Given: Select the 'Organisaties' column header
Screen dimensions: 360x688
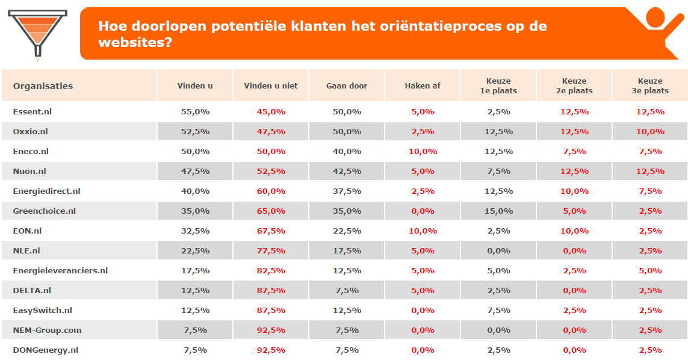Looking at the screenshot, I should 43,86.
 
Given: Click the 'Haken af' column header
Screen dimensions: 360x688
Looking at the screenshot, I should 423,86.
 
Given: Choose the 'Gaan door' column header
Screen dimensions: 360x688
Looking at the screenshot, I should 347,86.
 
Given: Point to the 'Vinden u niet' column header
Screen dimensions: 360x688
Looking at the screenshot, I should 271,86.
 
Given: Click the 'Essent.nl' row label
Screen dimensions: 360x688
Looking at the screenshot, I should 33,112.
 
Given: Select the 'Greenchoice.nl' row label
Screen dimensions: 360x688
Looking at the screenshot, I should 44,211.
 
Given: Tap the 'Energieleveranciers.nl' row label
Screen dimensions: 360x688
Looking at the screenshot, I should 60,271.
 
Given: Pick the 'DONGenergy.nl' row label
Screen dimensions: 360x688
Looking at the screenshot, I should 45,350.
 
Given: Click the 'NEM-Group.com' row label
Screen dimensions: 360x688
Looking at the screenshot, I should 47,331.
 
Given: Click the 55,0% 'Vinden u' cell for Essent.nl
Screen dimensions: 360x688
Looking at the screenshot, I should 195,112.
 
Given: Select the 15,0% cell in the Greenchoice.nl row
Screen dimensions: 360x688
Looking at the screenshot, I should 498,211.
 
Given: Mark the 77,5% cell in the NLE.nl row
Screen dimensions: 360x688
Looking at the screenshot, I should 271,251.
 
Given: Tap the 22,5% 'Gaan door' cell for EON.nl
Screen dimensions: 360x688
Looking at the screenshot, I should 347,231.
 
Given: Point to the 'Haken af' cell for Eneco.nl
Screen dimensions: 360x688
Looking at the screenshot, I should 423,152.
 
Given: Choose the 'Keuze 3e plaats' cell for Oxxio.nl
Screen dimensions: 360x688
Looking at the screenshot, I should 650,132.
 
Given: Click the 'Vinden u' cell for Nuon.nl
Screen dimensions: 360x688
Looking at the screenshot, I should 195,172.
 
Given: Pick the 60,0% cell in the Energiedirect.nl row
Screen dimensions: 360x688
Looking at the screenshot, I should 271,191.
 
